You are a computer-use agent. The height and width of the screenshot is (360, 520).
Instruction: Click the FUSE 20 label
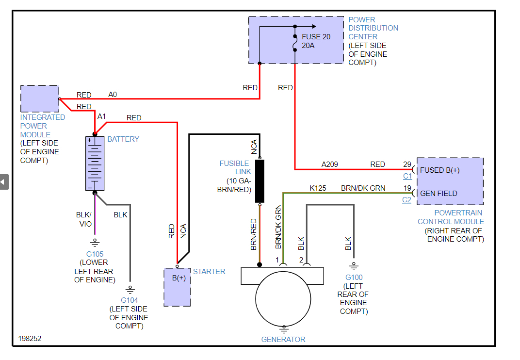[316, 37]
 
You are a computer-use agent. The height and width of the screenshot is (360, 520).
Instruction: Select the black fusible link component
[260, 181]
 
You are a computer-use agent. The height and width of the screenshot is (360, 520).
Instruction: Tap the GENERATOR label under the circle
[283, 340]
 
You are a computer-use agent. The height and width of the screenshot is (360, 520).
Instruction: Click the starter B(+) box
[177, 287]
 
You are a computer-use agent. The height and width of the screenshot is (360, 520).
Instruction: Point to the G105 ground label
[95, 254]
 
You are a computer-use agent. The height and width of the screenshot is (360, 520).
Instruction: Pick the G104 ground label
[130, 300]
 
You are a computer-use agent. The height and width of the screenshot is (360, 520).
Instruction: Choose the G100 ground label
[353, 278]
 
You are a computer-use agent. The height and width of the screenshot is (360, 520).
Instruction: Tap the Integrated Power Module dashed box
[40, 99]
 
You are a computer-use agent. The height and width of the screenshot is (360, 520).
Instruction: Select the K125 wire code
[318, 188]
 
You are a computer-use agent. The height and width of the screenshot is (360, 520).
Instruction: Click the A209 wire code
[330, 164]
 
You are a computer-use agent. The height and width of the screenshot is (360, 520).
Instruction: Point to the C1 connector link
[407, 176]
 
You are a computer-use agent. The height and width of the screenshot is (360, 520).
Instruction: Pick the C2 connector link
[406, 199]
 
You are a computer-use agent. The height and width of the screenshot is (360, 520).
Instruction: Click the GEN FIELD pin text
[439, 194]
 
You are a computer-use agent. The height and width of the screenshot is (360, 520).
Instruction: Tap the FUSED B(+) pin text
[439, 170]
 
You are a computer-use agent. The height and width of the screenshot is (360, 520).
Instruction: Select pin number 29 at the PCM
[407, 164]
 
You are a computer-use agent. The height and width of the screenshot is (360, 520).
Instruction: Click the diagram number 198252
[30, 339]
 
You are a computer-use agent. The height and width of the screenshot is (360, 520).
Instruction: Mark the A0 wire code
[113, 95]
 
